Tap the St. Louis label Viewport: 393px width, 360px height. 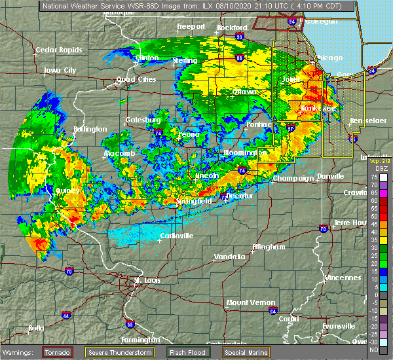(147, 281)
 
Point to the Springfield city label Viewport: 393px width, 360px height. (194, 201)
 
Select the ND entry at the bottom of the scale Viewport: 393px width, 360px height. (373, 349)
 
